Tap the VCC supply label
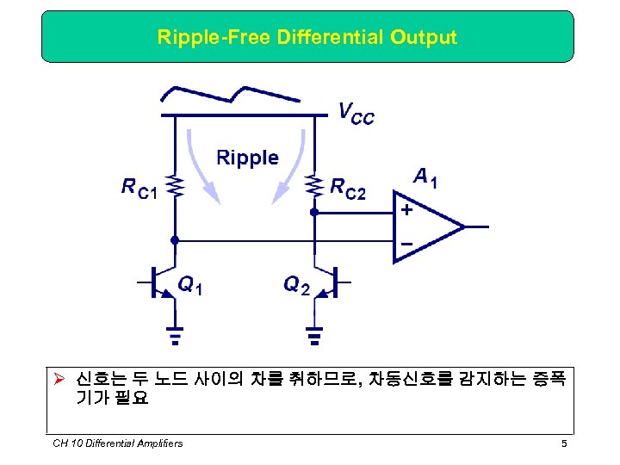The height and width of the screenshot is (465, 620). tap(356, 113)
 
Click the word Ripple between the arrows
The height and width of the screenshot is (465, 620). tap(247, 158)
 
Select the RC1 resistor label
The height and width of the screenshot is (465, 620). tap(139, 187)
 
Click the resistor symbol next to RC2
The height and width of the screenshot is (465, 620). tap(314, 186)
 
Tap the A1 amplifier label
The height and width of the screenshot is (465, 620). tap(425, 178)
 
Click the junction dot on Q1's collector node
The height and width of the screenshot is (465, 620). tap(175, 240)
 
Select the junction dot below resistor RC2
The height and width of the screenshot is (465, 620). tap(314, 210)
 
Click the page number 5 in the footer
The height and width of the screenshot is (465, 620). tap(563, 443)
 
